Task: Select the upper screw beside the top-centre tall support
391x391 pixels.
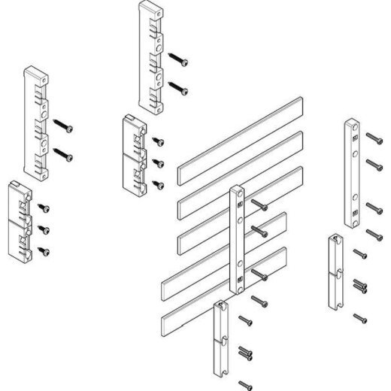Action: pos(178,58)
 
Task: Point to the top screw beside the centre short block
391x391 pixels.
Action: pos(159,140)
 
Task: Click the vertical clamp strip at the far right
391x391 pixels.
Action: pos(351,172)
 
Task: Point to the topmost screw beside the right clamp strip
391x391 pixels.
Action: pos(374,138)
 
